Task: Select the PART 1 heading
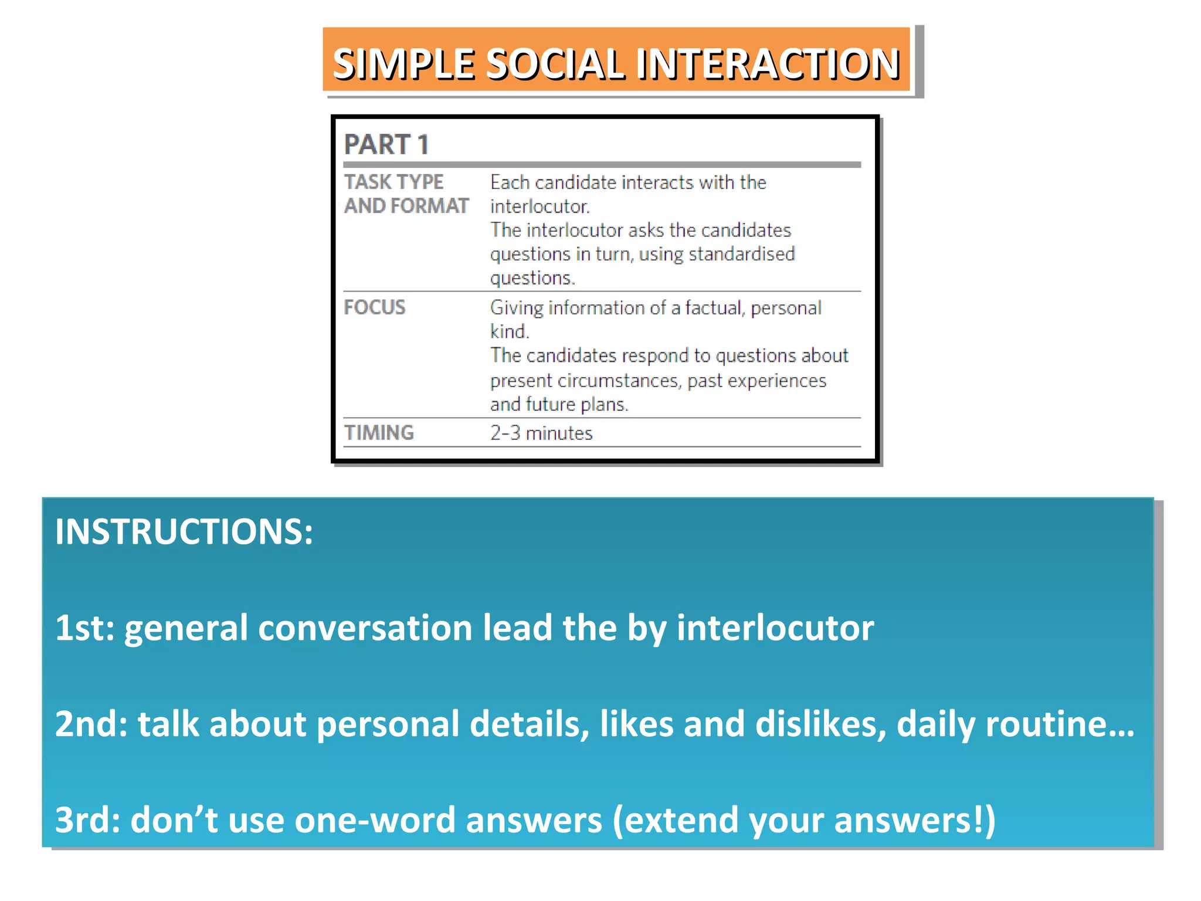pyautogui.click(x=386, y=144)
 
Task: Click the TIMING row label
pyautogui.click(x=379, y=433)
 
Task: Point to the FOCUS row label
pyautogui.click(x=374, y=307)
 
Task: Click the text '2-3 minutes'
pyautogui.click(x=541, y=433)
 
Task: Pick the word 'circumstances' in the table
pyautogui.click(x=619, y=381)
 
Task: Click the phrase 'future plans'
pyautogui.click(x=576, y=405)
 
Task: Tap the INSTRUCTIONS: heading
pyautogui.click(x=184, y=531)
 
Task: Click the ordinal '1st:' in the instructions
pyautogui.click(x=84, y=628)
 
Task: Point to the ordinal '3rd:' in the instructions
pyautogui.click(x=87, y=820)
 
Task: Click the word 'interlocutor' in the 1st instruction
pyautogui.click(x=775, y=628)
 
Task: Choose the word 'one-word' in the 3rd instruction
pyautogui.click(x=375, y=820)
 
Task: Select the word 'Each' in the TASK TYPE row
pyautogui.click(x=510, y=182)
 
